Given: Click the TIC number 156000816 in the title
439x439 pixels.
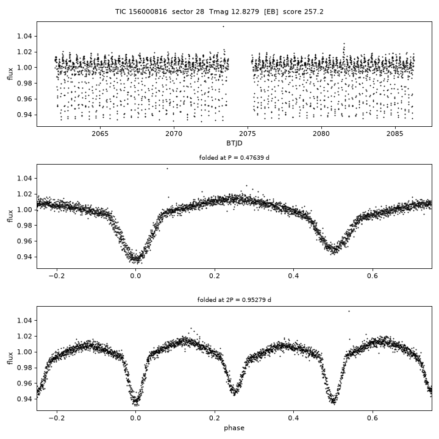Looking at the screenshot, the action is pyautogui.click(x=148, y=12).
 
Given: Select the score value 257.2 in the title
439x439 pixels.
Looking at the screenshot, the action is pyautogui.click(x=313, y=12).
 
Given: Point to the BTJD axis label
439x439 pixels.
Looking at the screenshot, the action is pyautogui.click(x=234, y=143).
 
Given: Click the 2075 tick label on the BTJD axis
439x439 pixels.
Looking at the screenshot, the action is pyautogui.click(x=248, y=134).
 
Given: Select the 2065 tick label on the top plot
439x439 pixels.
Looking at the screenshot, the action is pyautogui.click(x=100, y=134).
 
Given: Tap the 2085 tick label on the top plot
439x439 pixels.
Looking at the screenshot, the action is pyautogui.click(x=395, y=134).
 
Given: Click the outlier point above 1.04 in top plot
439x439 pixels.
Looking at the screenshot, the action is pyautogui.click(x=223, y=27).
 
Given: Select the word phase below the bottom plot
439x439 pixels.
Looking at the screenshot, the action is pyautogui.click(x=234, y=428).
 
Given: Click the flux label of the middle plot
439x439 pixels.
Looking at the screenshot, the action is pyautogui.click(x=10, y=216).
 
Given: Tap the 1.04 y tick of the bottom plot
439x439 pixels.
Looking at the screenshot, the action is pyautogui.click(x=24, y=320).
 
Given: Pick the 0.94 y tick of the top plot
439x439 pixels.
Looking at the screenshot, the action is pyautogui.click(x=24, y=115).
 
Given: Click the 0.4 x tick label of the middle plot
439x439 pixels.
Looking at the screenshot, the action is pyautogui.click(x=293, y=276).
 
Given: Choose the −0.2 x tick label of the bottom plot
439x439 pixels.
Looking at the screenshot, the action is pyautogui.click(x=57, y=418).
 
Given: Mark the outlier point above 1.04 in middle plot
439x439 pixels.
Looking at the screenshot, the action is pyautogui.click(x=168, y=168).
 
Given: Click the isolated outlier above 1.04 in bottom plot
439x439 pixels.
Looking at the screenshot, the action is pyautogui.click(x=349, y=312).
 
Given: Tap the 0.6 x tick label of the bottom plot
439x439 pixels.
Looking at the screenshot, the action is pyautogui.click(x=373, y=418).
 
